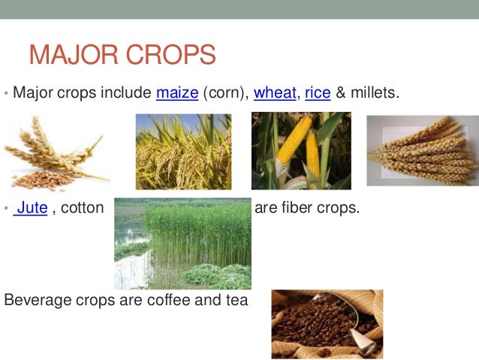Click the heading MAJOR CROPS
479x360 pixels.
[x=122, y=55]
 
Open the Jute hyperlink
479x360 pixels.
[x=32, y=207]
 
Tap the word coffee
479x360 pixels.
[x=163, y=301]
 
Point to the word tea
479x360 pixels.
[x=236, y=301]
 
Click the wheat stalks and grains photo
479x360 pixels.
[x=56, y=153]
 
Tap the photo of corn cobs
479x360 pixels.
[x=300, y=151]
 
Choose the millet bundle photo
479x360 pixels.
[x=421, y=150]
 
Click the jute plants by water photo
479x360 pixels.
[x=182, y=244]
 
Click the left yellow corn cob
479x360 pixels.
[x=287, y=148]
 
